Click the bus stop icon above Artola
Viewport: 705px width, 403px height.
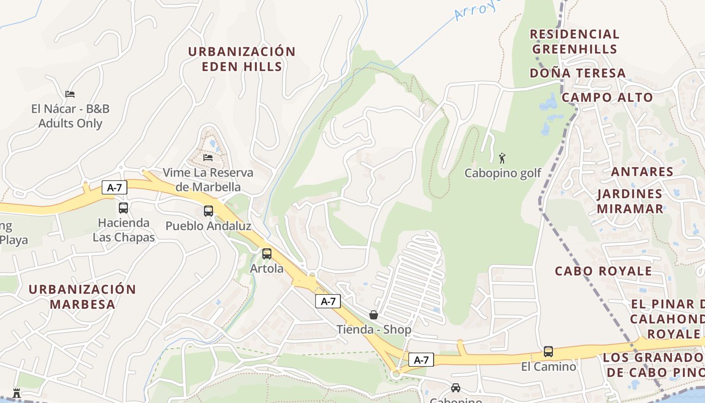pos(267,254)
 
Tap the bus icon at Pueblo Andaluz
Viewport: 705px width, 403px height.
pos(208,211)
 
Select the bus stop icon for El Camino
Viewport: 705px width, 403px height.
pos(548,351)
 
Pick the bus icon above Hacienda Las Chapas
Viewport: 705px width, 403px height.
pos(123,208)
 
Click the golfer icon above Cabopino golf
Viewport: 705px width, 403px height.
pos(502,159)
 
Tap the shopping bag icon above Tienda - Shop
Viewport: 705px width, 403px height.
pos(374,315)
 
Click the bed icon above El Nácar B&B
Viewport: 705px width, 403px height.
pos(70,94)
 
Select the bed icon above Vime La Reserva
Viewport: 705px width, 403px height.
pos(208,158)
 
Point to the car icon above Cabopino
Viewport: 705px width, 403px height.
pos(456,387)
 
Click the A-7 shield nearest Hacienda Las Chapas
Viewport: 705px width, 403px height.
pos(115,188)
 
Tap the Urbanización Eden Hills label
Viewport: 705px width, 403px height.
pos(242,59)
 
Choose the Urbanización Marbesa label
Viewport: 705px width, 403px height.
pos(82,297)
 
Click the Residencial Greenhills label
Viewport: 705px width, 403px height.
pos(575,41)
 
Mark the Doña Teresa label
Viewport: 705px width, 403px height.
pos(578,73)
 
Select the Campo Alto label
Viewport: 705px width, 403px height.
pos(607,97)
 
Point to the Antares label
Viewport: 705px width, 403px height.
pos(642,171)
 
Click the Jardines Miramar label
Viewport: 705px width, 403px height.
pos(630,201)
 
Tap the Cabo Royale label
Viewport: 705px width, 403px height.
pos(603,271)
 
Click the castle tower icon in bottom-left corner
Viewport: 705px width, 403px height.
pos(17,393)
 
